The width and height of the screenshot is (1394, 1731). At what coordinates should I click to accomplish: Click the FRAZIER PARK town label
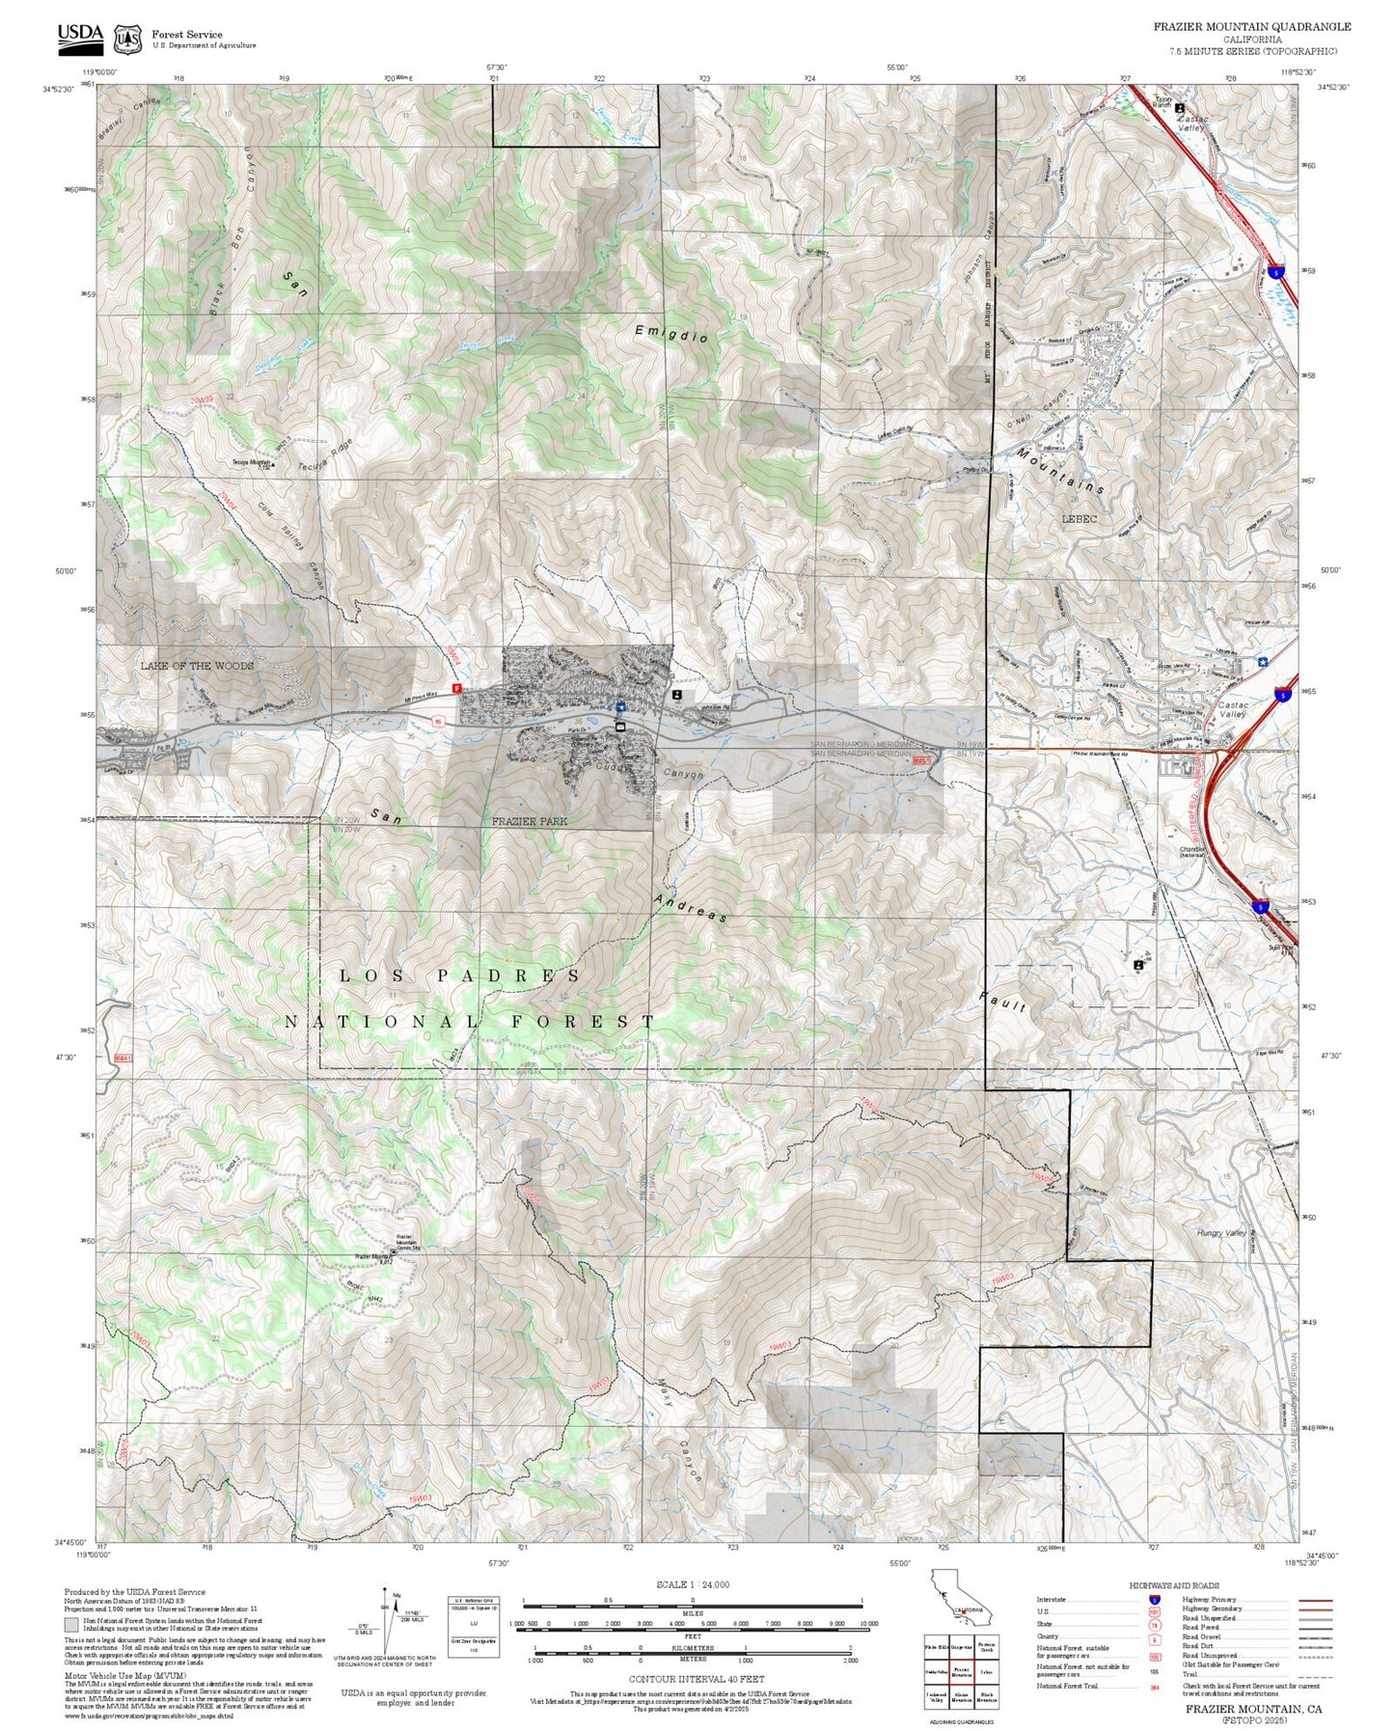tap(529, 821)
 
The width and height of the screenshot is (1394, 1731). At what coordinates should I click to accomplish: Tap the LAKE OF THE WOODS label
tap(197, 666)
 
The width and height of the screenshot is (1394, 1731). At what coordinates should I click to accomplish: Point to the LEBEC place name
tap(1079, 519)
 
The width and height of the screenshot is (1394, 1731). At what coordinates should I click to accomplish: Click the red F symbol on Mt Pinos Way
tap(457, 688)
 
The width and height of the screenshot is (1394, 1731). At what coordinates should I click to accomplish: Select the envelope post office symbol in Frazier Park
tap(620, 727)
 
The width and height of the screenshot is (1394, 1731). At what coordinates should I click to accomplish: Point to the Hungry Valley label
tap(1221, 1232)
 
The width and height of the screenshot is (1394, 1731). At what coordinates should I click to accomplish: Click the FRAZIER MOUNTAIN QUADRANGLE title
tap(1251, 27)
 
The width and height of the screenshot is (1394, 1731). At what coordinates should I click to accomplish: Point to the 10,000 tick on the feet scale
tap(868, 1624)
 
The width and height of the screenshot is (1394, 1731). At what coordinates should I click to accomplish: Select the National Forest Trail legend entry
tap(1069, 1686)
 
